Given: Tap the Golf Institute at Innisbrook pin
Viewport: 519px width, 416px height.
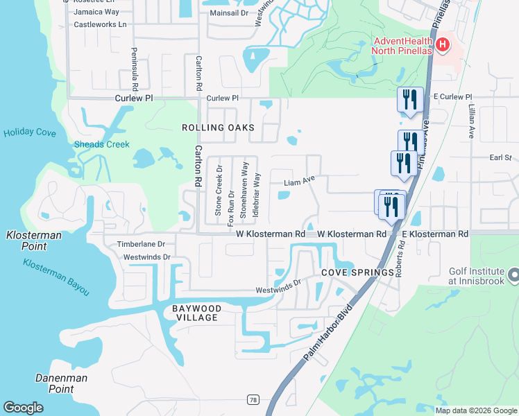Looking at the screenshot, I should pos(513,276).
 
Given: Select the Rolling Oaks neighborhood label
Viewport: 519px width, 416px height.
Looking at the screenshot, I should pos(218,128).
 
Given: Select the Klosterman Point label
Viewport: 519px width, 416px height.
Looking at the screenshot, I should pos(33,241).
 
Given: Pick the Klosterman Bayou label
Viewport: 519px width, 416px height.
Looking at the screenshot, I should pos(56,277).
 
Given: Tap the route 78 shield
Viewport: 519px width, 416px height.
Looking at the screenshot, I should pos(253,399).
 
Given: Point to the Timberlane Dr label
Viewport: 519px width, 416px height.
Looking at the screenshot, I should pos(141,244).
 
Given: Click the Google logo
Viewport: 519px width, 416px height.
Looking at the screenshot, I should pos(24,408).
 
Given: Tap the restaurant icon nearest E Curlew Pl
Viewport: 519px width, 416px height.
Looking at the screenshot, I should pos(409,98).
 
